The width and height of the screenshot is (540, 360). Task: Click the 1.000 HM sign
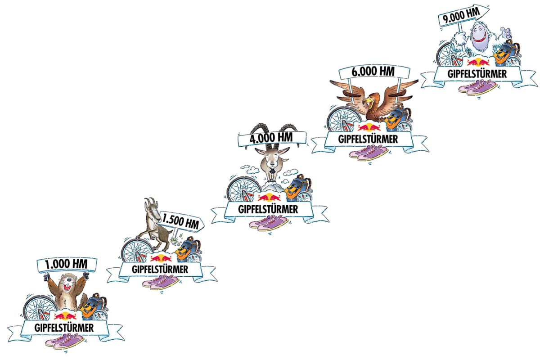click(x=67, y=265)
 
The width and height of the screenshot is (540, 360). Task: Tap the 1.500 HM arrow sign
click(x=181, y=221)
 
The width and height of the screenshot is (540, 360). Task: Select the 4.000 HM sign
click(x=272, y=139)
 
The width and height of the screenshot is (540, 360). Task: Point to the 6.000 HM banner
click(x=374, y=72)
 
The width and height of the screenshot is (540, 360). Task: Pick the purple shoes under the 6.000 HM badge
click(x=369, y=153)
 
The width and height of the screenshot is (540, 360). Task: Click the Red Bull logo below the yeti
click(x=478, y=63)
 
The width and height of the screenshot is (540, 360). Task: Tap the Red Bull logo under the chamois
click(x=161, y=258)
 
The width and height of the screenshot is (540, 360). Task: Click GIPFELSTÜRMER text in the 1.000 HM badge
click(x=64, y=328)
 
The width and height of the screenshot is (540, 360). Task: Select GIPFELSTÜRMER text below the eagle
click(x=368, y=139)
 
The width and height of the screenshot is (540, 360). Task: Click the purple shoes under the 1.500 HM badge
click(x=161, y=283)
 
